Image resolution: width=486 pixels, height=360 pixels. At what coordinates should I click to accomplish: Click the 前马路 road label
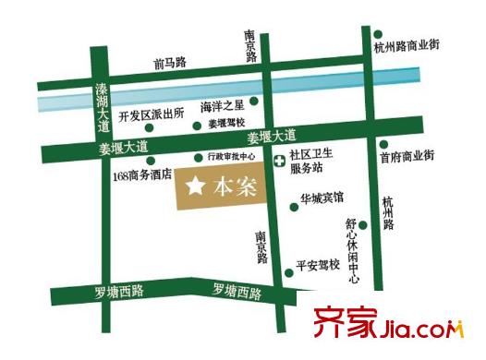point(170,63)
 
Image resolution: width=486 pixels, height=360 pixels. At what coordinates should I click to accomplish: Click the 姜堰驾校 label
point(225,123)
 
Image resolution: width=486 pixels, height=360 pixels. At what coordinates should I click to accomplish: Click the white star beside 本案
point(196,186)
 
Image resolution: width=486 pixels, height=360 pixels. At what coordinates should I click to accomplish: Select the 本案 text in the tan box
point(233,187)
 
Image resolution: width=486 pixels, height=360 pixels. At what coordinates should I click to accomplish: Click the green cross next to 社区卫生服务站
point(279,160)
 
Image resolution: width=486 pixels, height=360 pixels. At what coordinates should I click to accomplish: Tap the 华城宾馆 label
point(322,197)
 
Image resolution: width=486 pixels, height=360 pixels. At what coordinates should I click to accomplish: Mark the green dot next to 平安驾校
point(288,265)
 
